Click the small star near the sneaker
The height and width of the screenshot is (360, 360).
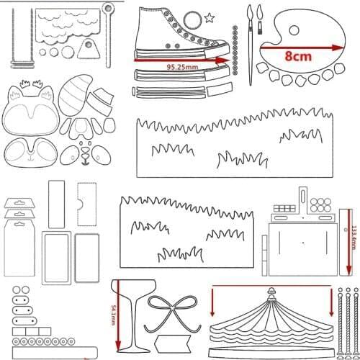tap(210, 17)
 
